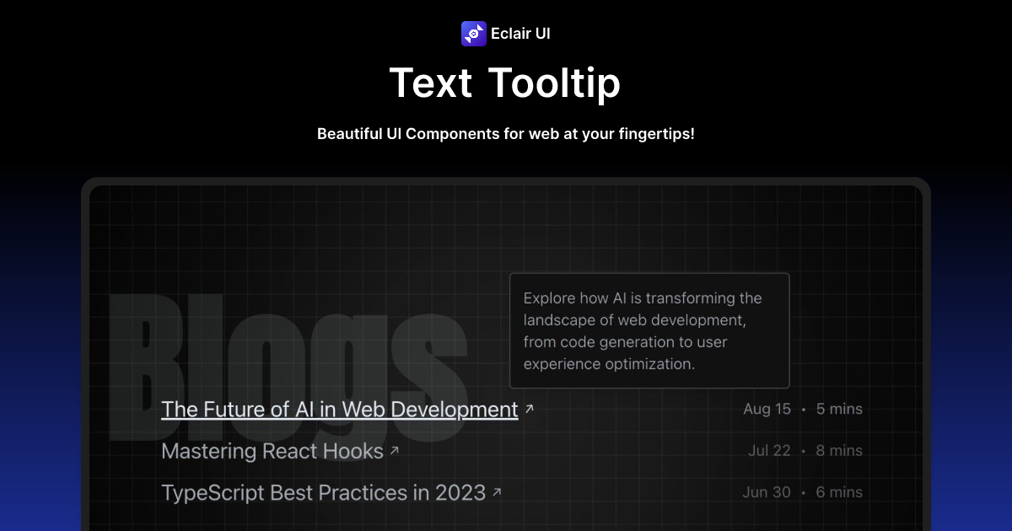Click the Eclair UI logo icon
point(474,34)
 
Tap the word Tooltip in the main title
point(554,83)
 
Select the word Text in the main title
point(431,83)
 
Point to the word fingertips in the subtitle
point(654,134)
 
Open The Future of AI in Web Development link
point(339,410)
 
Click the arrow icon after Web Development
point(530,409)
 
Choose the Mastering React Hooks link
point(272,451)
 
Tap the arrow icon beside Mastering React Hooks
point(394,451)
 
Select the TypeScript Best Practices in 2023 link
point(323,492)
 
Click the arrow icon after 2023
point(497,491)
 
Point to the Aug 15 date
point(767,410)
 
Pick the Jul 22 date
point(769,451)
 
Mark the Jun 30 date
point(767,492)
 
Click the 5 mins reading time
point(839,410)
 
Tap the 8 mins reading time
point(839,451)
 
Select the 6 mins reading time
point(839,492)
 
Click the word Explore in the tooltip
point(550,298)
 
